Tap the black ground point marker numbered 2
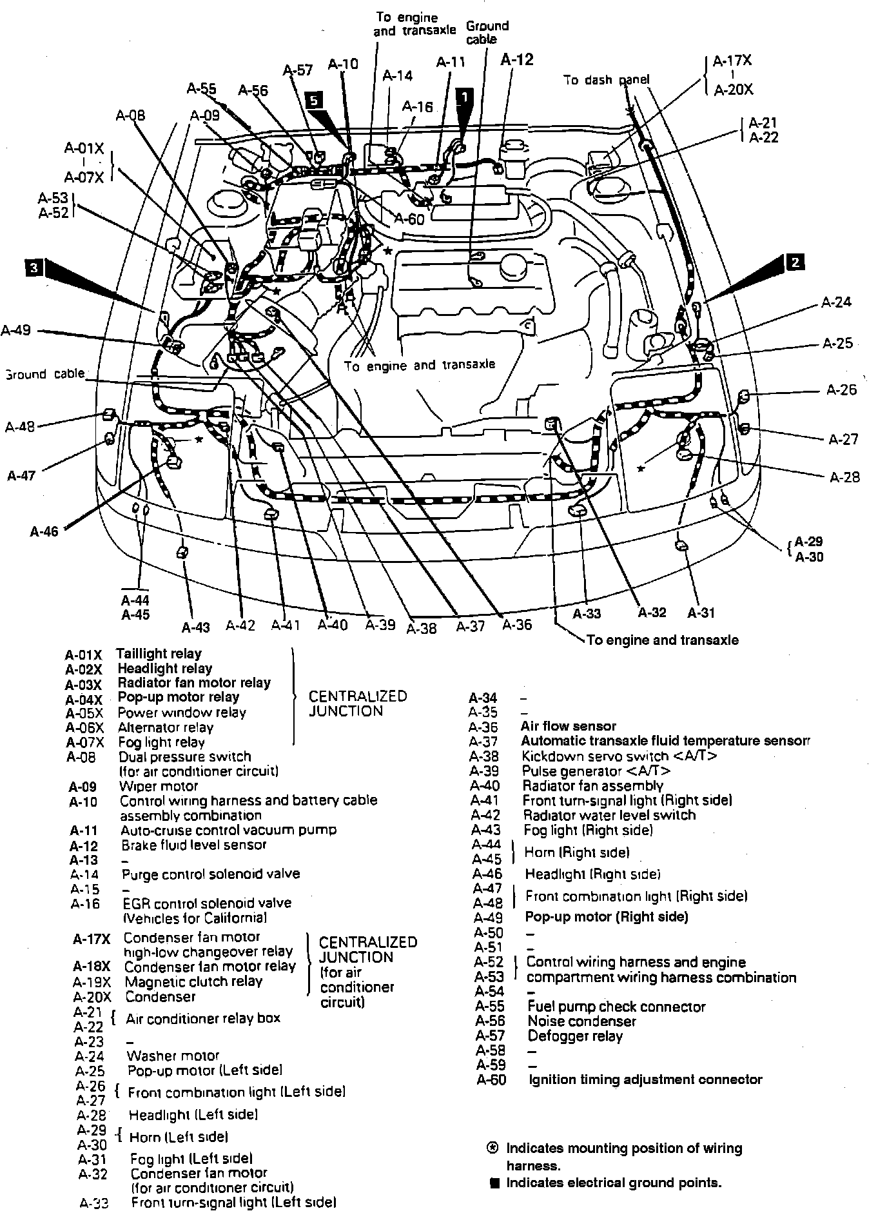click(795, 261)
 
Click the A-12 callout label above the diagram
click(517, 59)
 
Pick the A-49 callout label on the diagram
click(15, 330)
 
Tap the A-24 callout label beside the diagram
click(837, 302)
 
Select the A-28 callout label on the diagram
click(844, 477)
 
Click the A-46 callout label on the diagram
click(44, 531)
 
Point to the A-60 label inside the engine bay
click(409, 219)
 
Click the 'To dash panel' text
click(606, 80)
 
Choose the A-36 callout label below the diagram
click(517, 624)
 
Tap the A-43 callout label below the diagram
click(195, 627)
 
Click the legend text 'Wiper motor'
click(159, 786)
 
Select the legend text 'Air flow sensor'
click(568, 726)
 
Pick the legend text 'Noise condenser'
click(581, 1021)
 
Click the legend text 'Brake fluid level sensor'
click(193, 845)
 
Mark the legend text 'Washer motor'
click(173, 1056)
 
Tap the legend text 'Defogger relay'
click(575, 1036)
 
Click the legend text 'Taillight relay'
click(159, 653)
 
